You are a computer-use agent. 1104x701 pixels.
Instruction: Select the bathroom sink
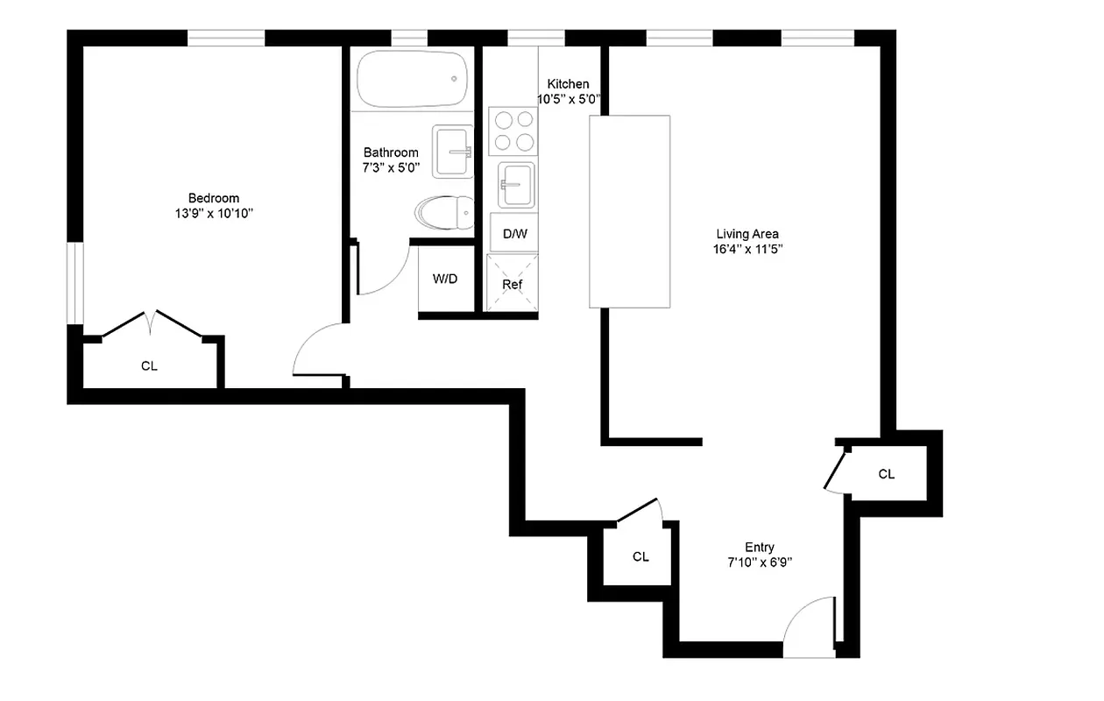tap(453, 151)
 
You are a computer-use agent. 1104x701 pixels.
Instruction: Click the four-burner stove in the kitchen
tap(512, 131)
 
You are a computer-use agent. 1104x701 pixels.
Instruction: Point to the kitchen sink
tap(516, 184)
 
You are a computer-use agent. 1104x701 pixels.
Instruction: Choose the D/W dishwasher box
tap(514, 234)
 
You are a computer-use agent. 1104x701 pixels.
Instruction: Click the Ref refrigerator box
tap(513, 284)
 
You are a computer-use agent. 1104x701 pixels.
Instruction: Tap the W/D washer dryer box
tap(445, 280)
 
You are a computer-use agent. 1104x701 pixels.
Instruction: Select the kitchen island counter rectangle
tap(629, 211)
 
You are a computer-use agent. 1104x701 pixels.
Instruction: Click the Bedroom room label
tap(213, 198)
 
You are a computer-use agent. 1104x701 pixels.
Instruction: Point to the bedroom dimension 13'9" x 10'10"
tap(213, 213)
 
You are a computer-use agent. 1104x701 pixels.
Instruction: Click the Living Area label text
tap(747, 234)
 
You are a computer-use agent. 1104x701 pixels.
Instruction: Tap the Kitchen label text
tap(569, 84)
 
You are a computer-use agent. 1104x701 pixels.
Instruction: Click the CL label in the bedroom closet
tap(149, 366)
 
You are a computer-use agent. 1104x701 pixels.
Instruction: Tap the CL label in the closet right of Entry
tap(886, 474)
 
